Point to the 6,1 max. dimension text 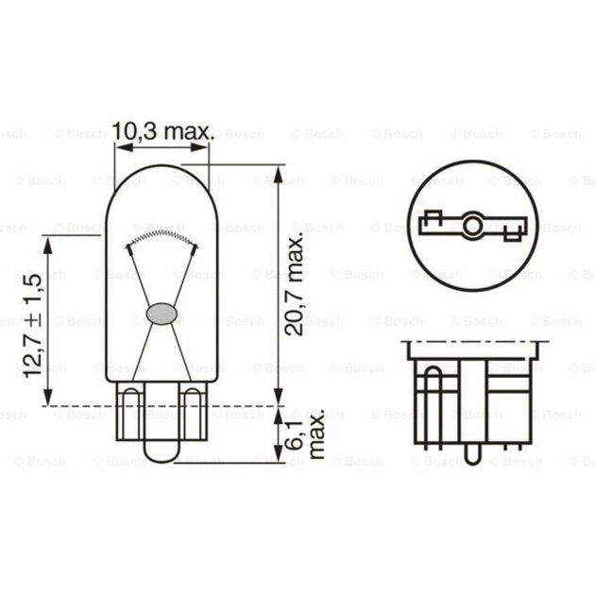click(x=305, y=434)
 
